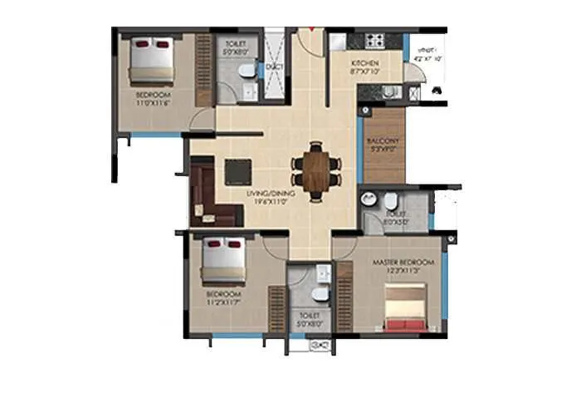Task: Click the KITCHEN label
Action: (364, 62)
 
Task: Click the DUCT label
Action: (275, 66)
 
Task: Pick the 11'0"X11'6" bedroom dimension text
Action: (154, 103)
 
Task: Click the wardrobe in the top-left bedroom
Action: (203, 70)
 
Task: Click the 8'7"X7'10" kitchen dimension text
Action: (364, 71)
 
